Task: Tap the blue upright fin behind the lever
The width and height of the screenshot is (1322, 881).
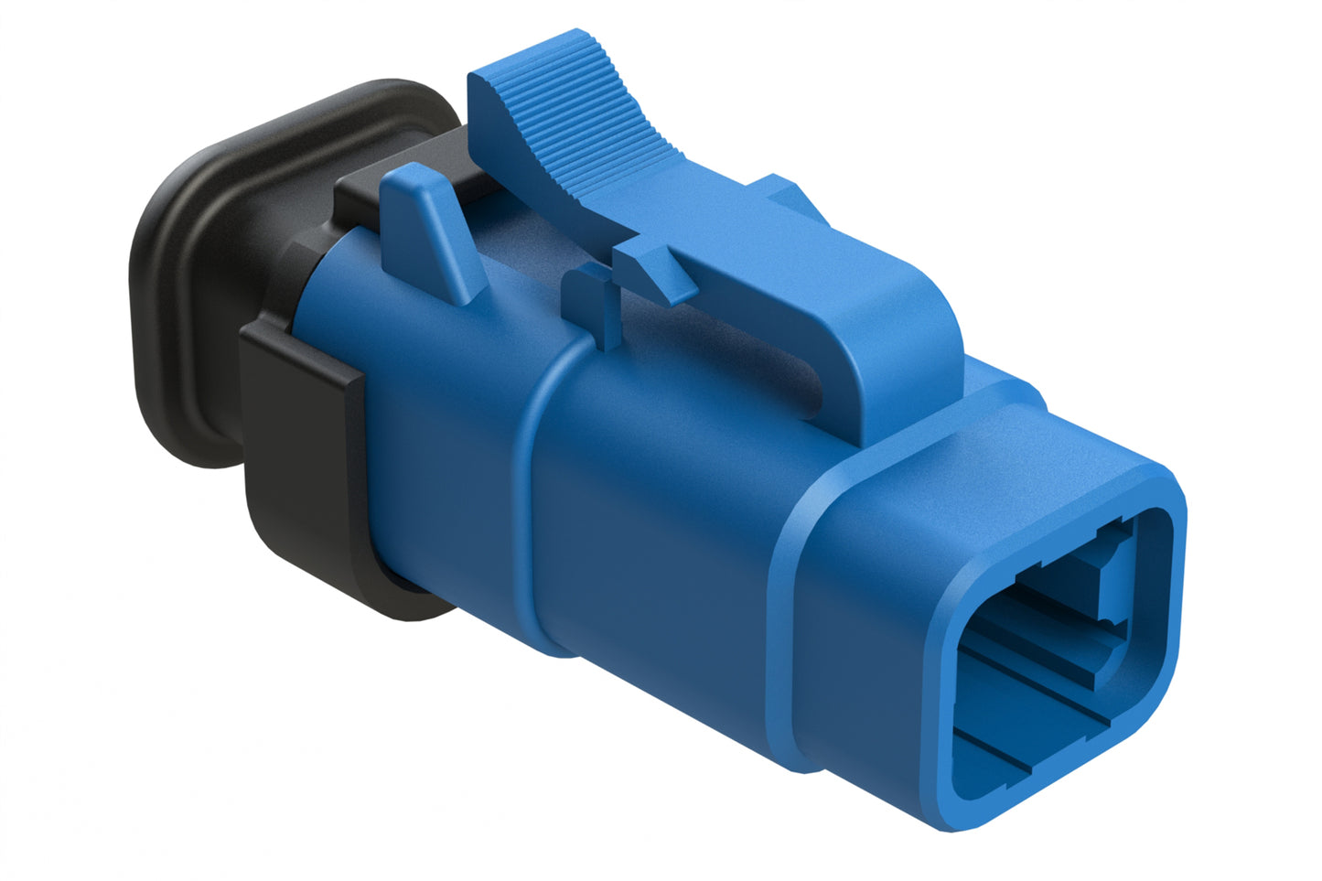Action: [x=430, y=229]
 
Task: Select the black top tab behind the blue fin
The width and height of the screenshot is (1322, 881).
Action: [x=366, y=188]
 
